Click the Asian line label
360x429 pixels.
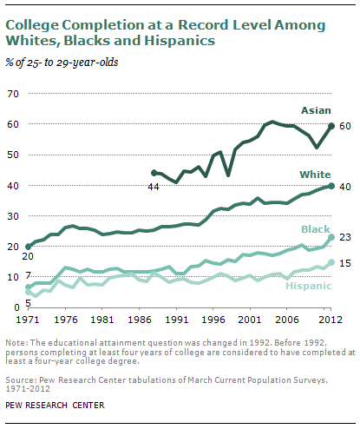pyautogui.click(x=316, y=110)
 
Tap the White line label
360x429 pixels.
pyautogui.click(x=315, y=175)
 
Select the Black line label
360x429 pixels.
pyautogui.click(x=316, y=229)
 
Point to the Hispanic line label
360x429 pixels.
pyautogui.click(x=309, y=286)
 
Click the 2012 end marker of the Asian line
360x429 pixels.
pyautogui.click(x=331, y=126)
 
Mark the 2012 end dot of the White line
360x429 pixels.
pyautogui.click(x=331, y=186)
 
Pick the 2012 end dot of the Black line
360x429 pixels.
pyautogui.click(x=331, y=237)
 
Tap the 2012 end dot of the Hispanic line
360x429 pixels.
pyautogui.click(x=331, y=262)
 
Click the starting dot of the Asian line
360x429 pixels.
pyautogui.click(x=154, y=173)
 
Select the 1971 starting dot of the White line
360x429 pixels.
pyautogui.click(x=29, y=247)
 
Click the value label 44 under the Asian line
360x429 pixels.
pyautogui.click(x=154, y=187)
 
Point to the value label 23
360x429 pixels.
pyautogui.click(x=345, y=237)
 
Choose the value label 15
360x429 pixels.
pyautogui.click(x=345, y=263)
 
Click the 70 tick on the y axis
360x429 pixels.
pyautogui.click(x=13, y=94)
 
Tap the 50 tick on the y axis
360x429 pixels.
pyautogui.click(x=13, y=155)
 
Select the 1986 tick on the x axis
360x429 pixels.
pyautogui.click(x=141, y=320)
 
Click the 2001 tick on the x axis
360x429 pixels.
pyautogui.click(x=249, y=320)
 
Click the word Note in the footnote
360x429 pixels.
pyautogui.click(x=16, y=343)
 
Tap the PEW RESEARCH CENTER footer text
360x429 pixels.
pyautogui.click(x=55, y=405)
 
